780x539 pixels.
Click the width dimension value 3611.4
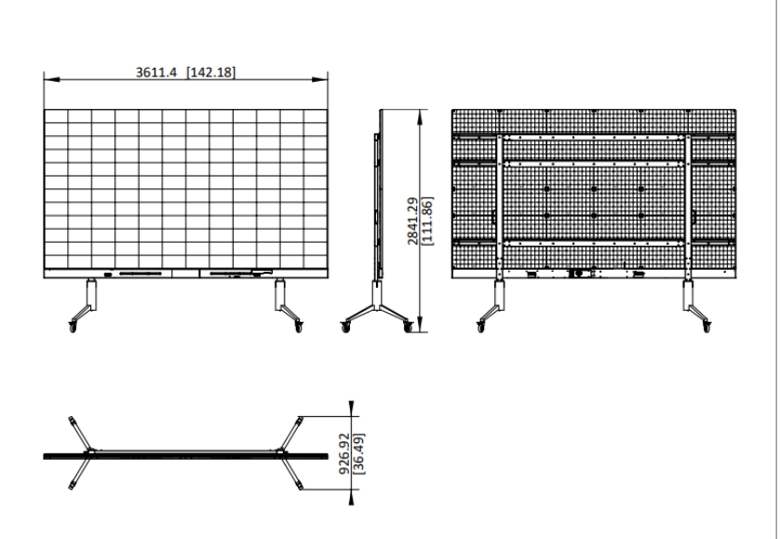tap(156, 73)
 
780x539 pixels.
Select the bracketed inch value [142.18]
tap(211, 73)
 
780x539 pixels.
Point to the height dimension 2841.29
tap(413, 221)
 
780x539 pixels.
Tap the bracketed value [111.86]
tap(427, 221)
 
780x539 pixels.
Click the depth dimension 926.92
tap(344, 453)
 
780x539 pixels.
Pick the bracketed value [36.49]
tap(358, 453)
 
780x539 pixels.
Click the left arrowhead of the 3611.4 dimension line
tap(52, 79)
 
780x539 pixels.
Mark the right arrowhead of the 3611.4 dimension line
tap(320, 79)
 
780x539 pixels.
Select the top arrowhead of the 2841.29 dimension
tap(421, 117)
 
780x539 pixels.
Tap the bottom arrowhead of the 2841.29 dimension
tap(421, 324)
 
